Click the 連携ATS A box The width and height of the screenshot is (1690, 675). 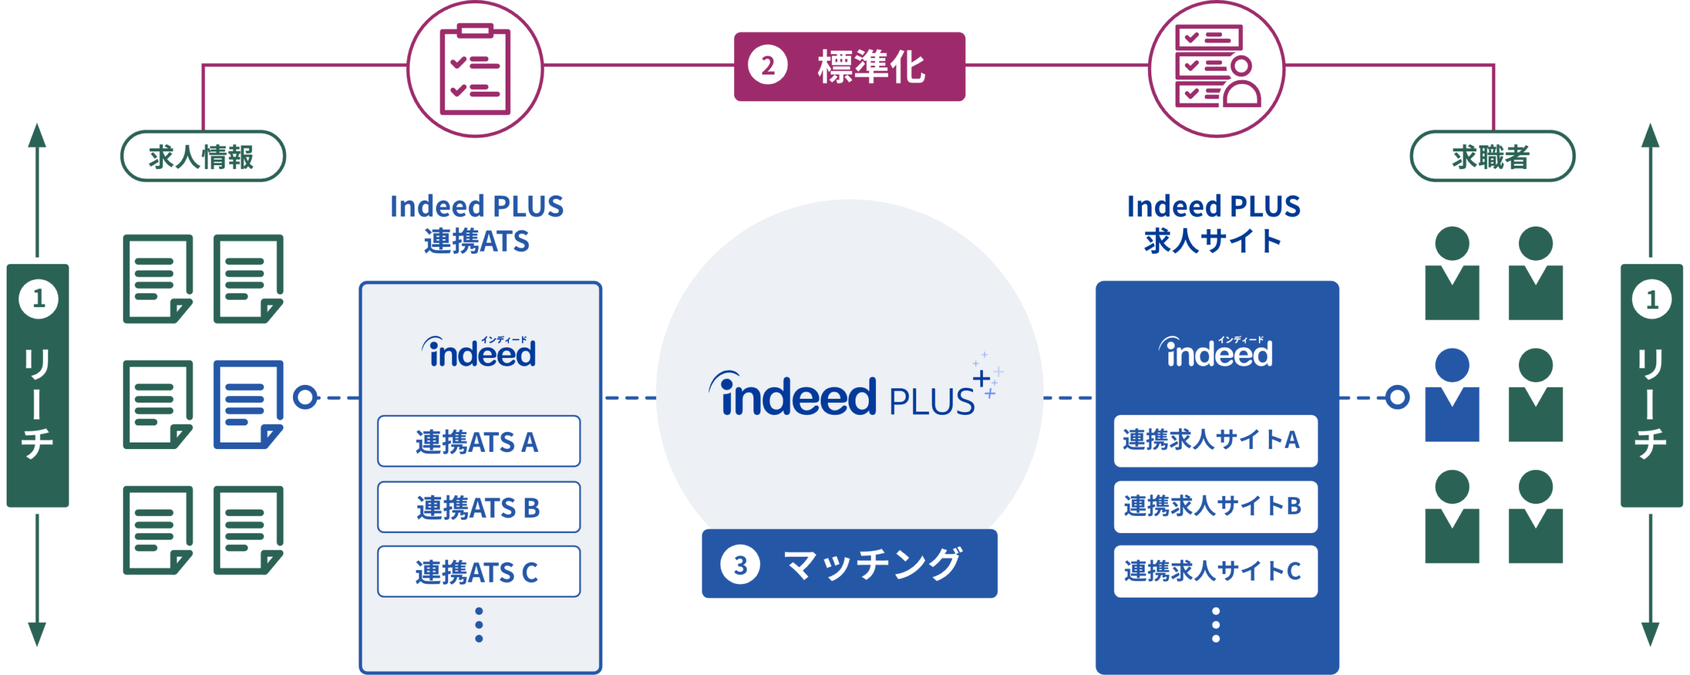[x=479, y=441]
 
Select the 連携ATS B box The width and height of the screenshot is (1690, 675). [x=479, y=507]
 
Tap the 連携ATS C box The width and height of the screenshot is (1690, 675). [x=479, y=571]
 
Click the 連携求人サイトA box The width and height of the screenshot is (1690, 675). [x=1215, y=441]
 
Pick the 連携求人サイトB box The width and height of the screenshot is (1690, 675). [x=1215, y=507]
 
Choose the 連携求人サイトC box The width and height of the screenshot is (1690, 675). [x=1215, y=571]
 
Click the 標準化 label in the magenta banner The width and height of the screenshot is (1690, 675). [x=871, y=67]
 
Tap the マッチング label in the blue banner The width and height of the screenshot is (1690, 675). [x=871, y=565]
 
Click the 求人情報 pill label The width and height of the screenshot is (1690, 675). [x=202, y=157]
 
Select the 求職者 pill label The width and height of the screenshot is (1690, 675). [x=1492, y=157]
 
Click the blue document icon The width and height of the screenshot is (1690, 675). [x=248, y=404]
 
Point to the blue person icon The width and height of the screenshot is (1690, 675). [x=1452, y=396]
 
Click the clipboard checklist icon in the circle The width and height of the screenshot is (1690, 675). [x=475, y=69]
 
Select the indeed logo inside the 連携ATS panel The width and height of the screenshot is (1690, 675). [x=479, y=352]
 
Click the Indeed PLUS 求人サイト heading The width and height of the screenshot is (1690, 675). [x=1213, y=223]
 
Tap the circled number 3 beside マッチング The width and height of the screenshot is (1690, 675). [x=740, y=565]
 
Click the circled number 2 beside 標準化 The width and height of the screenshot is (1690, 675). [x=767, y=66]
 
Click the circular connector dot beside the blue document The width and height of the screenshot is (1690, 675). [x=305, y=398]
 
